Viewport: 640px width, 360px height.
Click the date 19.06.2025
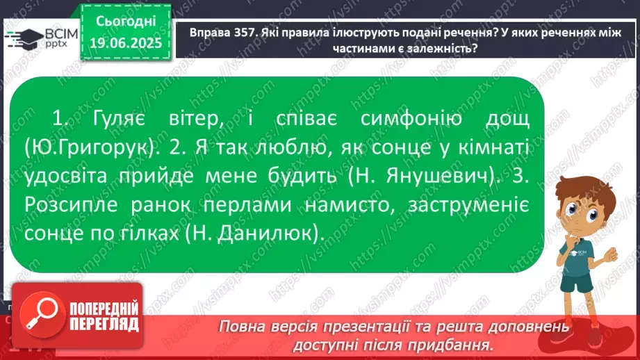coord(126,43)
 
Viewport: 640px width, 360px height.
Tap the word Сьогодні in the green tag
coord(126,21)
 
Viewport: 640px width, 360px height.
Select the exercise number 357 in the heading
coord(245,33)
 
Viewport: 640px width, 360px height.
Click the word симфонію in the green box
coord(411,119)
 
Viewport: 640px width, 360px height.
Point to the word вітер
coord(197,119)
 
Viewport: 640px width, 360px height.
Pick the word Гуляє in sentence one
coord(119,119)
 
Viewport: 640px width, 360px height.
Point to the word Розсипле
coord(71,204)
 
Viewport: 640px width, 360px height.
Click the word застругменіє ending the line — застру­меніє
coord(468,204)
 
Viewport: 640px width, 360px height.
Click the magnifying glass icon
coord(42,314)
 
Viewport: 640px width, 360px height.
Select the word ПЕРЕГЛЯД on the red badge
coord(104,325)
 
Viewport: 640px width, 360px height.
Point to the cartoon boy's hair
coord(588,190)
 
